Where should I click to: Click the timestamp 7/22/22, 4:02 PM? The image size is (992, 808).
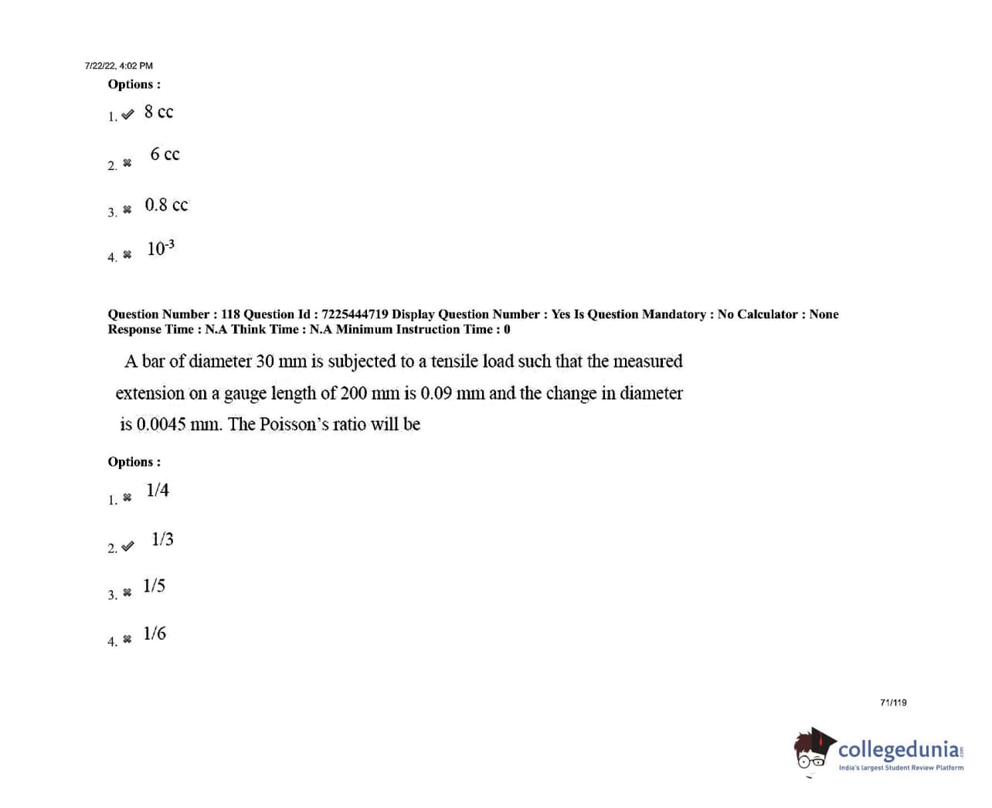coord(118,66)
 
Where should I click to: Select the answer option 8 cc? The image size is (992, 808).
coord(158,112)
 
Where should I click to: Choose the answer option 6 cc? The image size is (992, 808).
coord(165,154)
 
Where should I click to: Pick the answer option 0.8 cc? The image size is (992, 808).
coord(166,205)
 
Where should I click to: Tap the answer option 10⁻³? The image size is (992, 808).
coord(161,248)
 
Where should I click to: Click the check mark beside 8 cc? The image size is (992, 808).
coord(127,114)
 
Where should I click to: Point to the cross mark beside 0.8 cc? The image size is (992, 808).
coord(127,209)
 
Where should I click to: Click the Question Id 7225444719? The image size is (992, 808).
coord(355,314)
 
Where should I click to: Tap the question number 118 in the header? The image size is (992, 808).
coord(230,314)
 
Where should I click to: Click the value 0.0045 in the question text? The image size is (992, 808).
coord(161,424)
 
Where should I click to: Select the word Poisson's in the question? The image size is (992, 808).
coord(292,424)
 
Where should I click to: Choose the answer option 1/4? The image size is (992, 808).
coord(158,490)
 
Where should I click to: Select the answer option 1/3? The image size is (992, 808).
coord(162,539)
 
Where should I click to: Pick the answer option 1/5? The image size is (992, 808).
coord(154,586)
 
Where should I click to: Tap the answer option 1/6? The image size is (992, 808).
coord(155,633)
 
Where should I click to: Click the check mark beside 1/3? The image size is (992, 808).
coord(127,546)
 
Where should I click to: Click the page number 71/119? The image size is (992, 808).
coord(893,702)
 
